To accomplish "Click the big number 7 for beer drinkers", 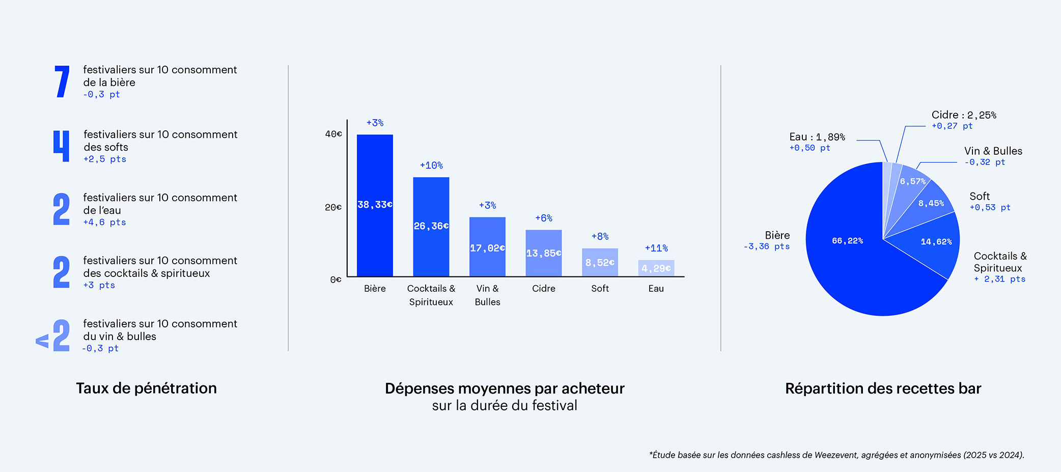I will pos(62,81).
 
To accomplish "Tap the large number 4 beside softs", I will pos(62,146).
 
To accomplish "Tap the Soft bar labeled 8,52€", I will pos(600,263).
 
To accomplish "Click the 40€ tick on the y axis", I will pos(334,134).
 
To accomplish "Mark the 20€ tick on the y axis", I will pos(334,207).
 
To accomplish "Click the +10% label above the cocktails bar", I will pos(431,165).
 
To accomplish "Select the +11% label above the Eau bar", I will pos(656,248).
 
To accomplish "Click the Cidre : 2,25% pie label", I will pos(964,115).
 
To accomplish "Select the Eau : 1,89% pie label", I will pos(817,137).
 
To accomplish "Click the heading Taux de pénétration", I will pos(147,388).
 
